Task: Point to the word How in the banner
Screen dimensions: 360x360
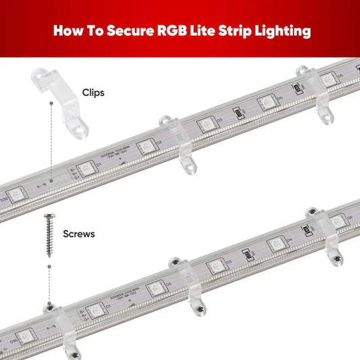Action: [70, 30]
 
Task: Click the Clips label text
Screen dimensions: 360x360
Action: [93, 93]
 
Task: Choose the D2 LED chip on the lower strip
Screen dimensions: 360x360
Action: [155, 288]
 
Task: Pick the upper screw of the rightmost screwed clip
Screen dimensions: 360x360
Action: [311, 211]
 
